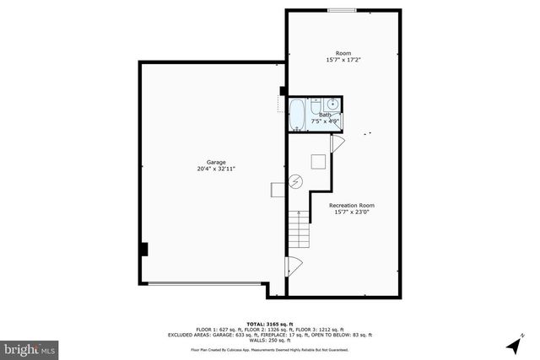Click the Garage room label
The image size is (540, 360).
tap(210, 162)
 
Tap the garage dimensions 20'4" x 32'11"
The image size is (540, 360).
tap(210, 169)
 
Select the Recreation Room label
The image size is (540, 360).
tap(352, 205)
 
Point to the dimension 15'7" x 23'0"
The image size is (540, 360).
tap(352, 212)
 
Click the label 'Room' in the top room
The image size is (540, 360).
tap(344, 53)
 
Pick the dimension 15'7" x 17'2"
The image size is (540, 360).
tap(344, 61)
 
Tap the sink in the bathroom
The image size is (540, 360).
tap(332, 105)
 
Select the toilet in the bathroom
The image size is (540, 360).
tap(315, 107)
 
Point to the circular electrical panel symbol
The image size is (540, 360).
tap(297, 180)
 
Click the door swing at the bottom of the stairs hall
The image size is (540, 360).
tap(294, 267)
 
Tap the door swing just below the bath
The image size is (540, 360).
tap(336, 144)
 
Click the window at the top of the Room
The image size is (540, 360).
tap(342, 10)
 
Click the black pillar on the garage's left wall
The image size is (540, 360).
tap(144, 250)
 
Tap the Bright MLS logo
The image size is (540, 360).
tap(30, 347)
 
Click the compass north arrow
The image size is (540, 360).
tap(523, 337)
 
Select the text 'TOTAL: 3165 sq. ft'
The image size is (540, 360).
tap(269, 324)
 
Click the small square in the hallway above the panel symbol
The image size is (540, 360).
tap(318, 163)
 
